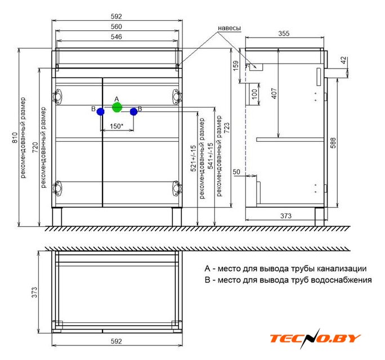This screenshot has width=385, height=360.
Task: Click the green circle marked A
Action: pos(117,107)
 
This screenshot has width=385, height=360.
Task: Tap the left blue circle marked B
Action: pos(100,112)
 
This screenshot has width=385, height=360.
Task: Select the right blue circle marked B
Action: pos(133,112)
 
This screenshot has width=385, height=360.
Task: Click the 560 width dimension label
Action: pos(117,26)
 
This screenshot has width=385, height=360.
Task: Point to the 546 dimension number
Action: pos(117,37)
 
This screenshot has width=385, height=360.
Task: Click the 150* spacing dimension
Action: pos(117,126)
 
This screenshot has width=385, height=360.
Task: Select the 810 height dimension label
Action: pos(15,138)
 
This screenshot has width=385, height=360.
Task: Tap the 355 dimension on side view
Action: pos(284,33)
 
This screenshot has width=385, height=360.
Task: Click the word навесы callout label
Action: pos(229,28)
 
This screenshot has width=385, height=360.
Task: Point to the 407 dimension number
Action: pos(274,93)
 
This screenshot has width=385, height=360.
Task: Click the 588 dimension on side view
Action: pos(333,143)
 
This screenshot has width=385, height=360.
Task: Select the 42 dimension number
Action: pos(343,60)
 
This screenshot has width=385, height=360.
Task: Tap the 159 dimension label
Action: pos(235,66)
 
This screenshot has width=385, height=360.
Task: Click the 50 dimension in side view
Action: pos(236,172)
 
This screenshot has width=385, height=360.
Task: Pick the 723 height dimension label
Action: pos(227,128)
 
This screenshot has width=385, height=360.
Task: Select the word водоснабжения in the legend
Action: pos(341,280)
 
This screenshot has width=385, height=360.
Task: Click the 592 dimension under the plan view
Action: pos(117,341)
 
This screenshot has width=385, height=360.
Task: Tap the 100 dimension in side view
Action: pos(255,94)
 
